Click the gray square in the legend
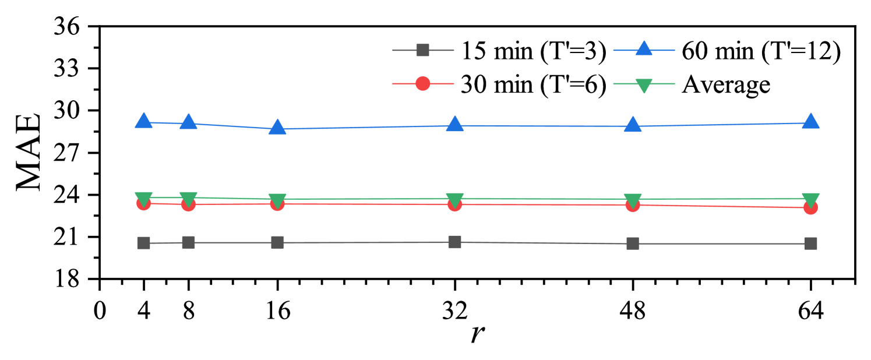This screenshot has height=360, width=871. pos(422,50)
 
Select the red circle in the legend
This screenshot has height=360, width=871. pos(422,83)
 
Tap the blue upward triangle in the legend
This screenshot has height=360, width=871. pos(643,49)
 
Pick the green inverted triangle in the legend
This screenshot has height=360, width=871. pos(643,85)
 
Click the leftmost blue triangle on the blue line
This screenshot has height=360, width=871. pos(143,121)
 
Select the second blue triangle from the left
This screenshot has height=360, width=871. pos(188,122)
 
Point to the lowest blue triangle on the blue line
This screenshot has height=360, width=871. pos(277,128)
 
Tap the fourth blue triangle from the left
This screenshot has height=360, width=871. pos(454,125)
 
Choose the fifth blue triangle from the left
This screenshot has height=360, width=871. pos(632,125)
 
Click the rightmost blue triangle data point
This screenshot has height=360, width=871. pos(810,122)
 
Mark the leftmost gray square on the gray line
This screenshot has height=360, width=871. pos(143,243)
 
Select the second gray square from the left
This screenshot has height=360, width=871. pos(188,242)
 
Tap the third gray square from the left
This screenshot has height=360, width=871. pos(277,242)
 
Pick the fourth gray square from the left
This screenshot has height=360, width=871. pos(454,242)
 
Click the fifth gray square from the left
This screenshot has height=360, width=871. pos(632,243)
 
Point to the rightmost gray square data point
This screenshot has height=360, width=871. pos(810,243)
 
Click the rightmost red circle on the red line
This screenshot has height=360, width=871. pos(810,207)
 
